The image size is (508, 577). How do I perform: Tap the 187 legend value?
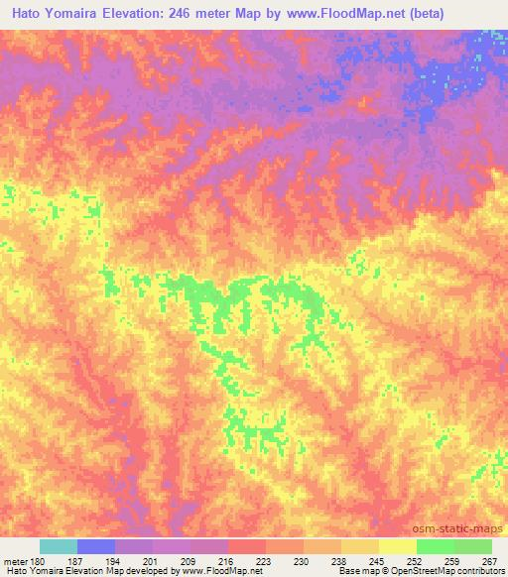coord(78,560)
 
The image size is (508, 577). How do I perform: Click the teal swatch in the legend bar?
coord(59,546)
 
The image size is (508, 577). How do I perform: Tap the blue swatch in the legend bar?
coord(96,546)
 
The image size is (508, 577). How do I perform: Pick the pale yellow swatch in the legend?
coord(397,546)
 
